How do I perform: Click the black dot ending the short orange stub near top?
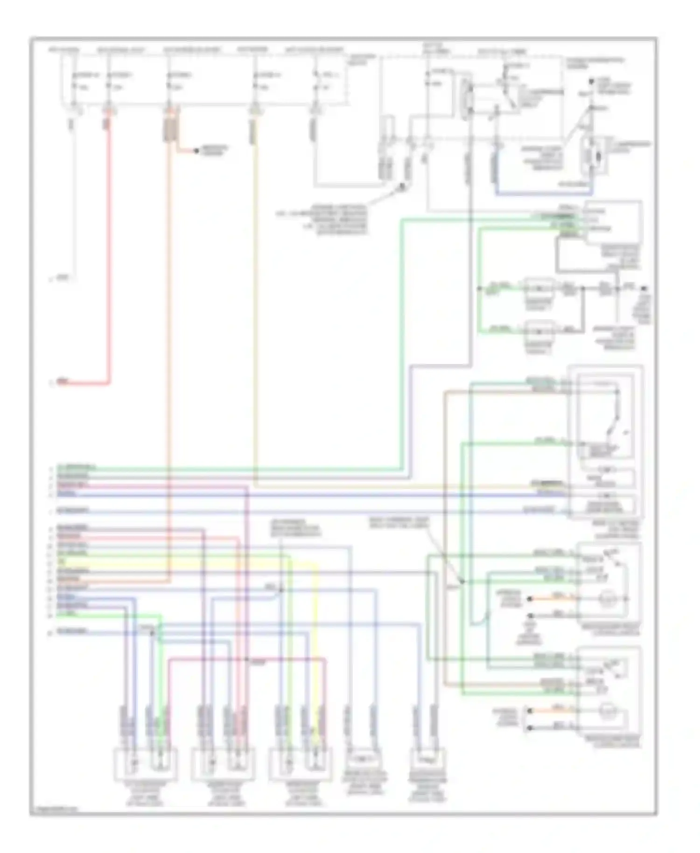pos(196,151)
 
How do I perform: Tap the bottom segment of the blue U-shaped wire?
pos(544,192)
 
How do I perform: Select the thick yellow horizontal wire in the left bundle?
pos(187,562)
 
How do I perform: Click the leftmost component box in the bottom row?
pos(146,764)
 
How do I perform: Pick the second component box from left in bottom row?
pos(223,764)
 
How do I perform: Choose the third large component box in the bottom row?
pos(301,764)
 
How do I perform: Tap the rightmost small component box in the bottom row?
pos(427,761)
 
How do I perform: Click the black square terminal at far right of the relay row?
pos(646,289)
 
